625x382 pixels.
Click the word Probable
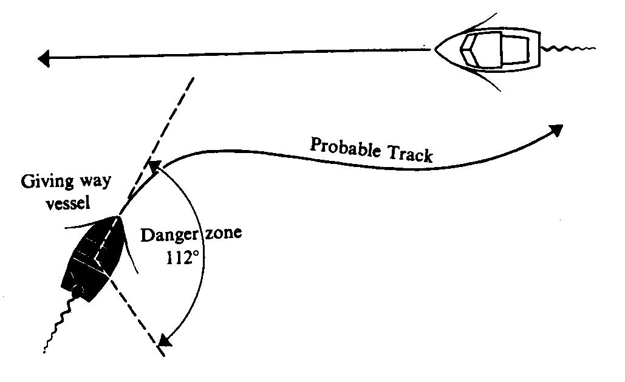pos(344,148)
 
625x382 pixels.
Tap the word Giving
pos(47,182)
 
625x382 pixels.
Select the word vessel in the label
pos(68,203)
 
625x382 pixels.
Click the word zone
pos(224,233)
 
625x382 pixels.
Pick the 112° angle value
pos(182,258)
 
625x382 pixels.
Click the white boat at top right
pos(487,51)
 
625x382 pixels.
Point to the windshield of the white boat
pos(469,50)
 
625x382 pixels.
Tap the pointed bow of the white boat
pos(436,49)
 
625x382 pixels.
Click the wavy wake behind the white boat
pos(569,49)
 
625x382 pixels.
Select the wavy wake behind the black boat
pos(56,324)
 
